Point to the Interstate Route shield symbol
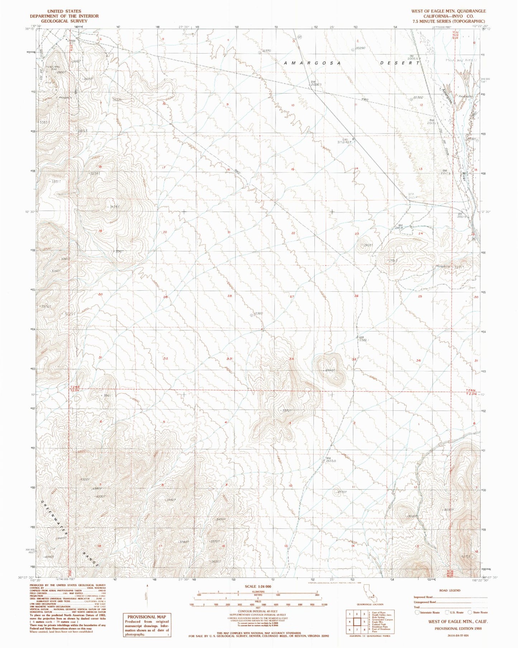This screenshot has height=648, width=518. (x=417, y=612)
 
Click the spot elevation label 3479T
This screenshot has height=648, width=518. (x=114, y=207)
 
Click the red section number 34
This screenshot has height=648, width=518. (x=291, y=359)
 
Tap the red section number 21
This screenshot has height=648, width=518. (x=229, y=232)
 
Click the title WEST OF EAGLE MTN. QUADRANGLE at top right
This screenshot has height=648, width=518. (x=448, y=11)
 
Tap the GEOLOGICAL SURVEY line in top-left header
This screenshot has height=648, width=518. (x=64, y=21)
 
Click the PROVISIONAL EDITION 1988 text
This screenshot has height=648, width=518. (x=458, y=629)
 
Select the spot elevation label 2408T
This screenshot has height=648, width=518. (x=368, y=245)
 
